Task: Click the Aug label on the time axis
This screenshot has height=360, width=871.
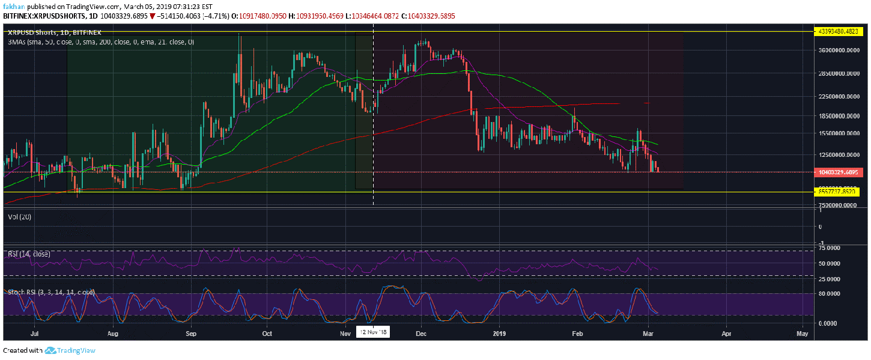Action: (112, 332)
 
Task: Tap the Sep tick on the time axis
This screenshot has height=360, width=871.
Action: (191, 332)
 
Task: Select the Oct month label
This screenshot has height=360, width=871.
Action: (267, 332)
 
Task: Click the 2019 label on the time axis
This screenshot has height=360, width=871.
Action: (500, 332)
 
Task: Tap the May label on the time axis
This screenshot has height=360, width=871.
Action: (802, 332)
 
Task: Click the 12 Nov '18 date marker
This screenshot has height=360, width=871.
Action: (374, 332)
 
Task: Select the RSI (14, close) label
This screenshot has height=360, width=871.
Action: (29, 254)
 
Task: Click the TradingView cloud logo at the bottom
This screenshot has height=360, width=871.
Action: (50, 350)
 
